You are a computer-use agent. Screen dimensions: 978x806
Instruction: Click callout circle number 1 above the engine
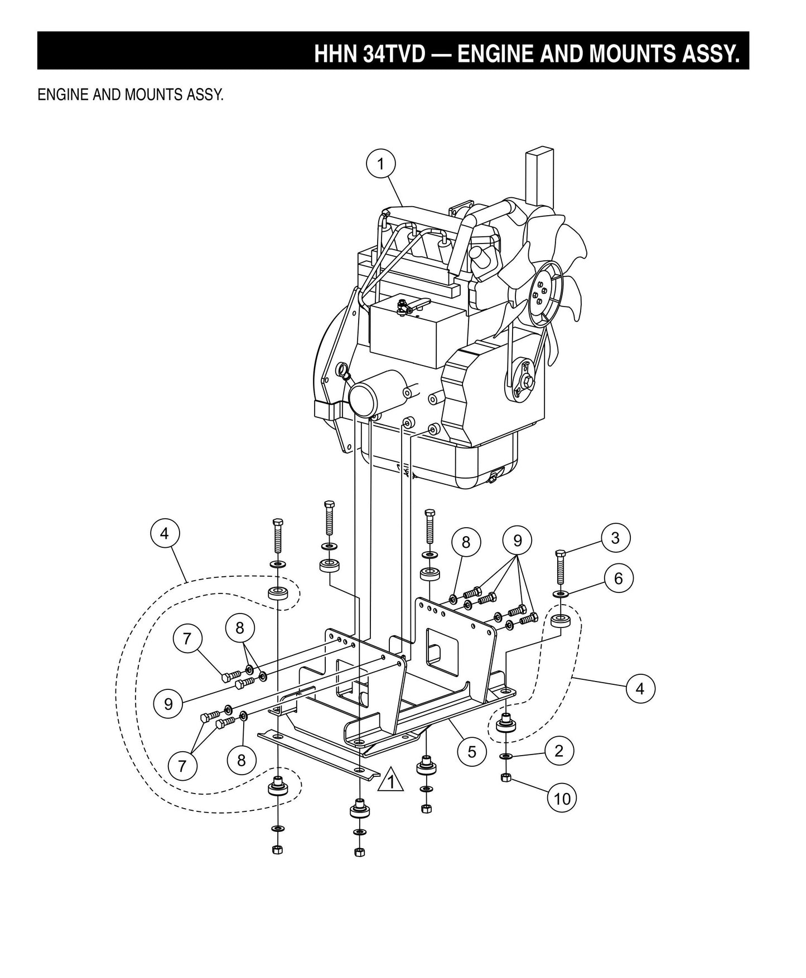[381, 164]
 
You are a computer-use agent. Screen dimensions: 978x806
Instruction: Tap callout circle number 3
[615, 538]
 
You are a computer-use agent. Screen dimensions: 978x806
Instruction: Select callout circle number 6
[618, 578]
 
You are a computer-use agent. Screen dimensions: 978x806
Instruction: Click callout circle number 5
[472, 752]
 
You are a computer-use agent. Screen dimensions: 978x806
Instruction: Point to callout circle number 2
[559, 751]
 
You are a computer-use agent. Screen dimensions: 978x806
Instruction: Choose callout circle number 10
[562, 799]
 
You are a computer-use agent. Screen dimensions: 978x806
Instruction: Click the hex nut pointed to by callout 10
[506, 778]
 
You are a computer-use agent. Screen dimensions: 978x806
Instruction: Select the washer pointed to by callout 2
[506, 756]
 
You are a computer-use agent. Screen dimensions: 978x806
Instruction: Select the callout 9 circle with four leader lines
[517, 540]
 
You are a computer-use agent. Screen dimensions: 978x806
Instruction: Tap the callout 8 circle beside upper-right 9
[466, 542]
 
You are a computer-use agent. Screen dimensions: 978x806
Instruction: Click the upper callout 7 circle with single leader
[187, 639]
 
